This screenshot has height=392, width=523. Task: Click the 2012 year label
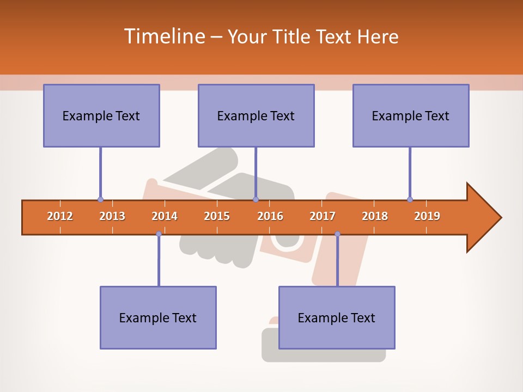click(60, 216)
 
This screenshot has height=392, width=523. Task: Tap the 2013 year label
click(112, 216)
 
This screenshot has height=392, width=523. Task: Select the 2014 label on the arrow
click(165, 216)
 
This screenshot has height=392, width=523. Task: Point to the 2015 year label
click(217, 216)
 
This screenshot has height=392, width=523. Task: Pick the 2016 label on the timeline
click(270, 216)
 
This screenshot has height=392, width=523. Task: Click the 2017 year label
click(323, 216)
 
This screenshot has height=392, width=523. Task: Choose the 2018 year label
click(375, 216)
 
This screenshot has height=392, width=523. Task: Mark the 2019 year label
click(427, 216)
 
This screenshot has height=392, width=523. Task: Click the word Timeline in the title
click(163, 36)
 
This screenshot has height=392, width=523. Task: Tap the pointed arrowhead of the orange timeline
click(488, 218)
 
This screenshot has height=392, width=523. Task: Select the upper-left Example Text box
click(101, 115)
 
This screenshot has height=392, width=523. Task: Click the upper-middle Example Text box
click(256, 115)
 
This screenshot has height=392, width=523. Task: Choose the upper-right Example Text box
click(411, 115)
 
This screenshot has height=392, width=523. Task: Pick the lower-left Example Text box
click(158, 317)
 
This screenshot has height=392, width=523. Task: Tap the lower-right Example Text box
click(337, 317)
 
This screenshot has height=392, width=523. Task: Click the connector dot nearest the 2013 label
click(100, 199)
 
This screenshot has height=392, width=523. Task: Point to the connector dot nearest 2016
click(256, 199)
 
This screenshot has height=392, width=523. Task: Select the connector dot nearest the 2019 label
click(410, 199)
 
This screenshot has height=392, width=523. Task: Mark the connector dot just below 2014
click(159, 234)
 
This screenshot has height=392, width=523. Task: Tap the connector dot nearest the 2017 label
click(337, 234)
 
